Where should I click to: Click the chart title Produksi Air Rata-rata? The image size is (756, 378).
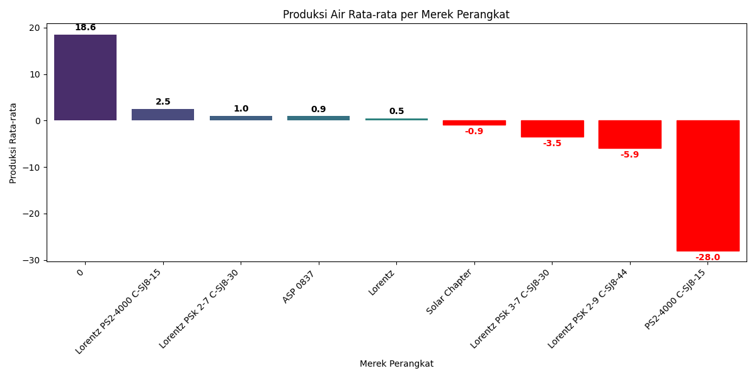pos(396,14)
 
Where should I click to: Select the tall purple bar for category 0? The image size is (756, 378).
pos(85,77)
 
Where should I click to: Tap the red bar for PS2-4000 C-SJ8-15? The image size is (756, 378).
pos(707,185)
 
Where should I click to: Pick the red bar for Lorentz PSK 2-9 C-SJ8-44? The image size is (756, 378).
pos(629,134)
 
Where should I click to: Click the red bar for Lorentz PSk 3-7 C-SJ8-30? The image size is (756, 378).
pos(552,129)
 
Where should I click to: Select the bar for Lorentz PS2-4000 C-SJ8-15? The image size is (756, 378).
pos(163,115)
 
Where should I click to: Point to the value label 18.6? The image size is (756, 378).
pos(85,28)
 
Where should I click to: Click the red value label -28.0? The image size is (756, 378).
pos(707,258)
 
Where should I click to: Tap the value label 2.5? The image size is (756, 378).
pos(163,102)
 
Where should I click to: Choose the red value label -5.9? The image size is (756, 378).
pos(629,155)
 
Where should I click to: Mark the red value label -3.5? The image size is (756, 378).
pos(552,144)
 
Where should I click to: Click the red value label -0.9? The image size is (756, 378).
pos(474,132)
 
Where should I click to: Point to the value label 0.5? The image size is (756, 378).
pos(396,112)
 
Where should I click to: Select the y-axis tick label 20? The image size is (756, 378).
pos(34,28)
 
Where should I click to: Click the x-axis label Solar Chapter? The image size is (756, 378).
pos(450,292)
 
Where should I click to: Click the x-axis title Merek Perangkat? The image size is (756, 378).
pos(396,364)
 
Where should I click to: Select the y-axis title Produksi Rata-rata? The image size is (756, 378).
pos(13,143)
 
